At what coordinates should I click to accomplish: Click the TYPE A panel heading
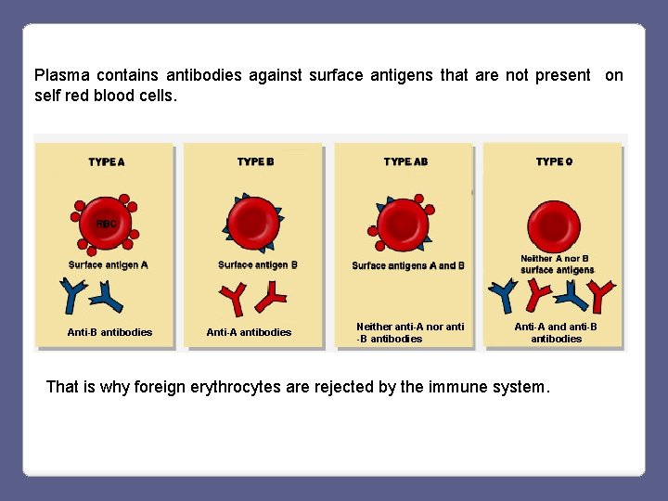click(107, 161)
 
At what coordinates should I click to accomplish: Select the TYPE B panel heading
click(256, 161)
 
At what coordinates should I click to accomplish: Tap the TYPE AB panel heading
click(405, 161)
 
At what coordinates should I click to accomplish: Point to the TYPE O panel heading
click(554, 161)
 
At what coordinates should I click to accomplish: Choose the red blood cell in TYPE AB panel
click(404, 224)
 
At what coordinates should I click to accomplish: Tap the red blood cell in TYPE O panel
click(554, 223)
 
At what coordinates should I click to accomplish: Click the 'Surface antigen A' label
click(109, 264)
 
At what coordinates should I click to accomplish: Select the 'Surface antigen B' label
click(258, 264)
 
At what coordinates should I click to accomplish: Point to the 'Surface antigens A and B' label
click(408, 265)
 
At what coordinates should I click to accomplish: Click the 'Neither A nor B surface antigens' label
click(557, 264)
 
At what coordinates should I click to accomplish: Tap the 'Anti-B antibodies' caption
click(109, 332)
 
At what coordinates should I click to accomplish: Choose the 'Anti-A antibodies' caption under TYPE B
click(249, 332)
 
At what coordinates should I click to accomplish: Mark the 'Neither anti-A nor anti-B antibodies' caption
click(410, 332)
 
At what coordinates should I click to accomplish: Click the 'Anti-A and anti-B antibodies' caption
click(556, 332)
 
